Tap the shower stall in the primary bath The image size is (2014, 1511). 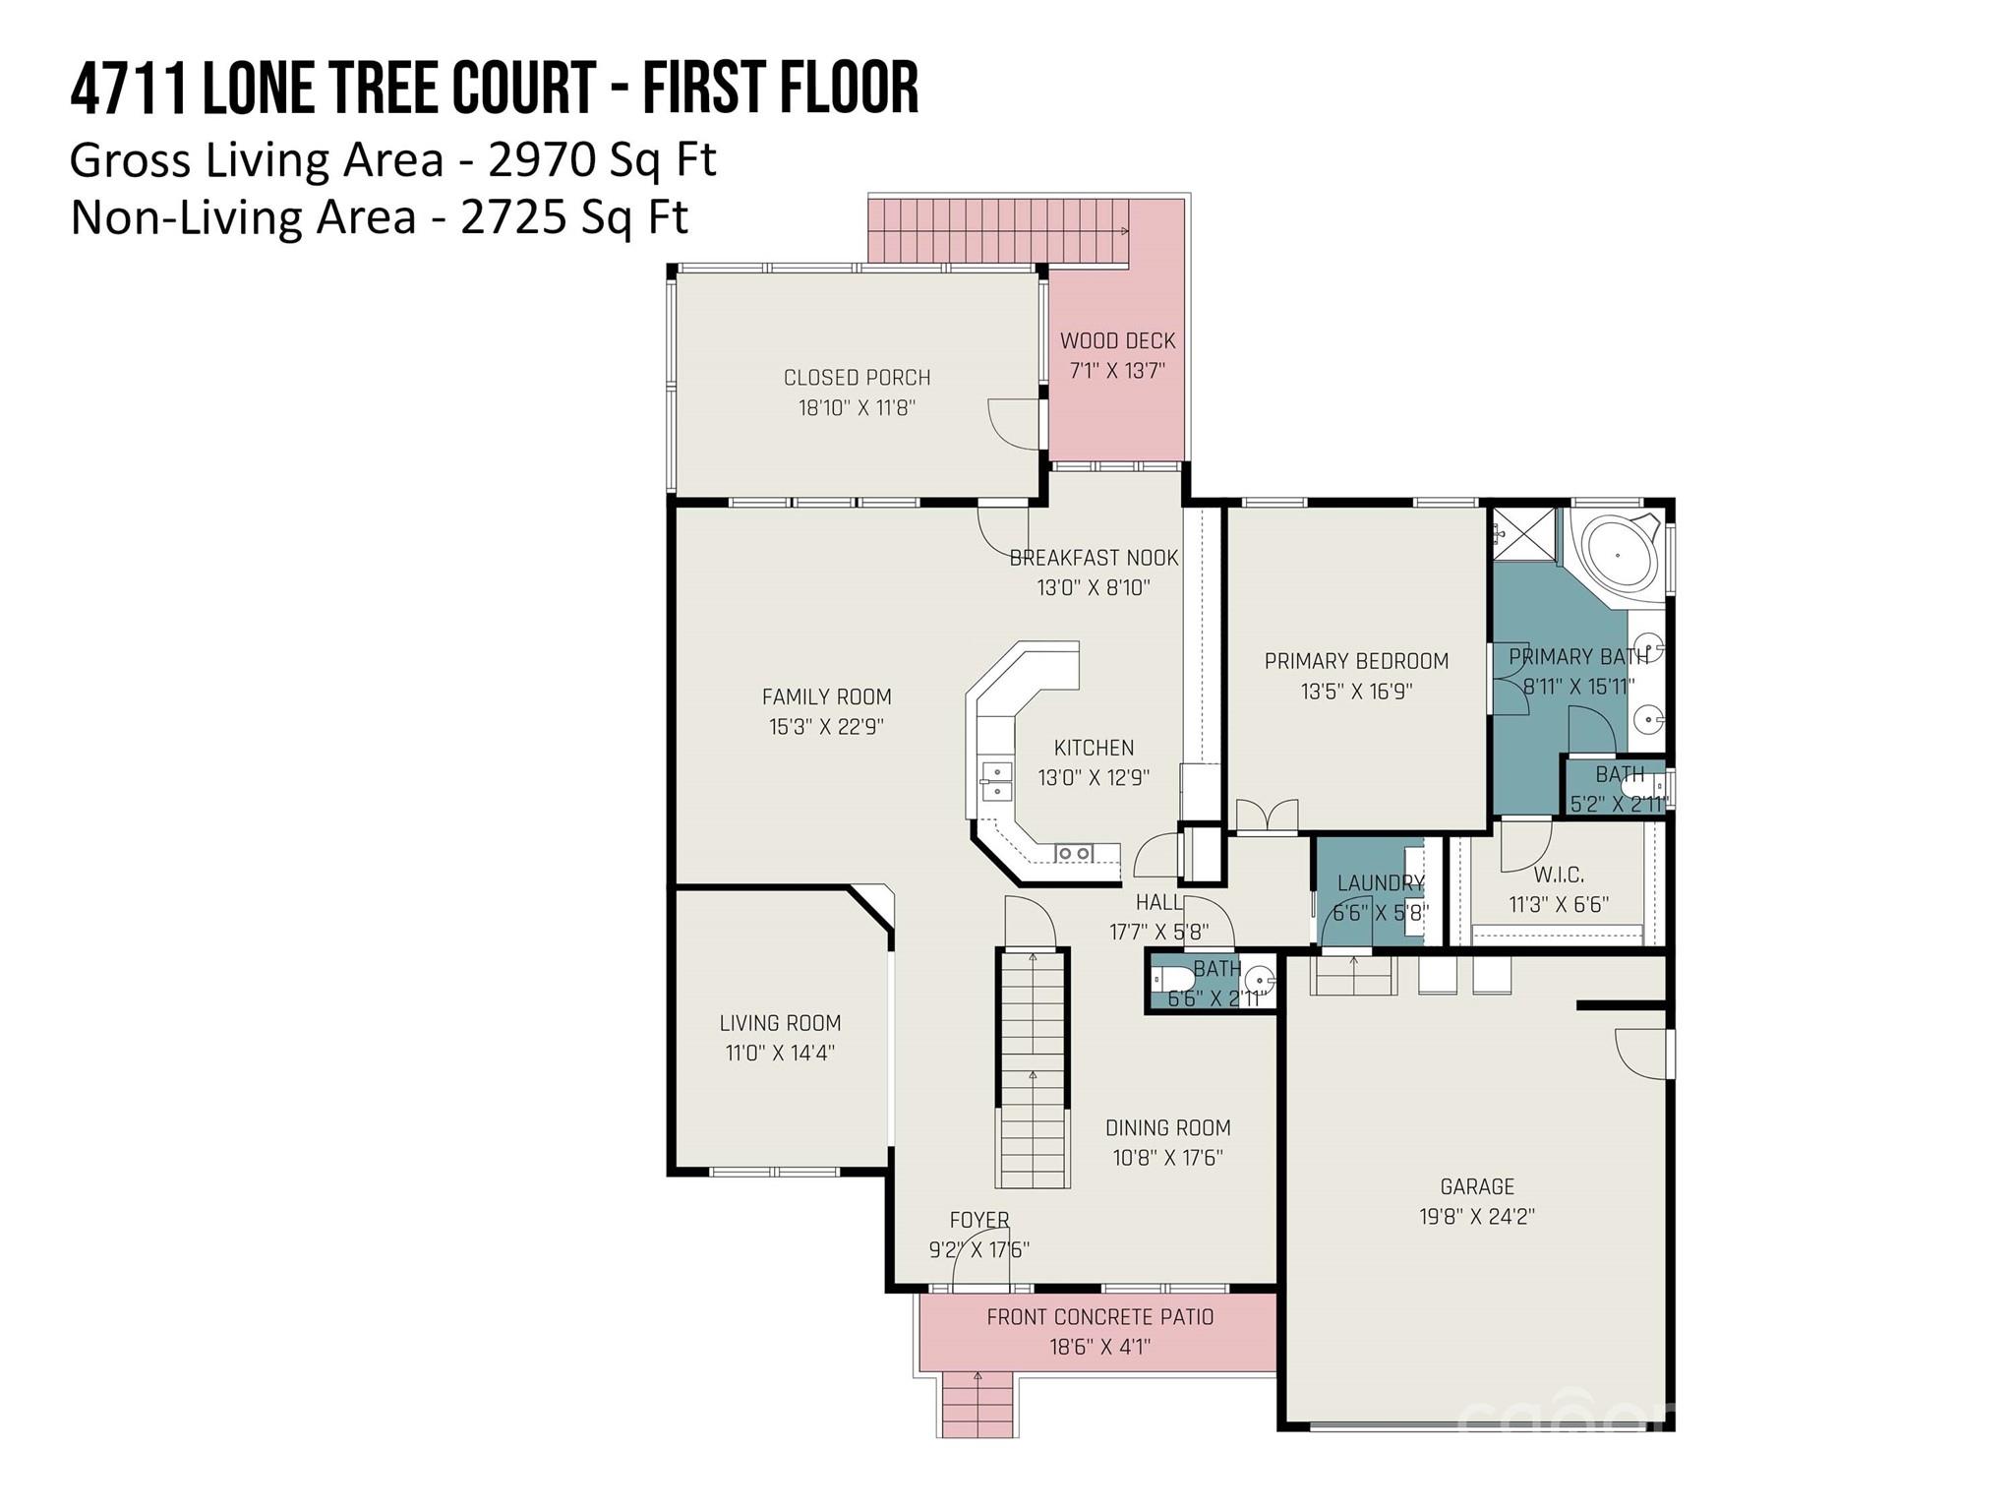pyautogui.click(x=1525, y=535)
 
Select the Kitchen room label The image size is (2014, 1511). pyautogui.click(x=1094, y=748)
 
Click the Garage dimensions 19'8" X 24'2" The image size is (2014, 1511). pyautogui.click(x=1476, y=1217)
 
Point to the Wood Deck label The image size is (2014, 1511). pyautogui.click(x=1117, y=341)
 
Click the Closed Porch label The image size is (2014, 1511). pyautogui.click(x=857, y=378)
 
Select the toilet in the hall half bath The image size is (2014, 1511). pyautogui.click(x=1172, y=979)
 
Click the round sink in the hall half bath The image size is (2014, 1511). pyautogui.click(x=1259, y=980)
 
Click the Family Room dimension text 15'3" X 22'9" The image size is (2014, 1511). pyautogui.click(x=826, y=727)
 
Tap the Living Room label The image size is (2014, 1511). pyautogui.click(x=780, y=1023)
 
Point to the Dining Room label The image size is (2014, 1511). pyautogui.click(x=1167, y=1128)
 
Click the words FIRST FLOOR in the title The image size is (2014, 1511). pyautogui.click(x=781, y=88)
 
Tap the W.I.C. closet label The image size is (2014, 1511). pyautogui.click(x=1559, y=875)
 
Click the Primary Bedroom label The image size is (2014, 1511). pyautogui.click(x=1356, y=661)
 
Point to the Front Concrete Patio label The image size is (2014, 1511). pyautogui.click(x=1099, y=1317)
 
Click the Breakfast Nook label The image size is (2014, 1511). pyautogui.click(x=1094, y=558)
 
